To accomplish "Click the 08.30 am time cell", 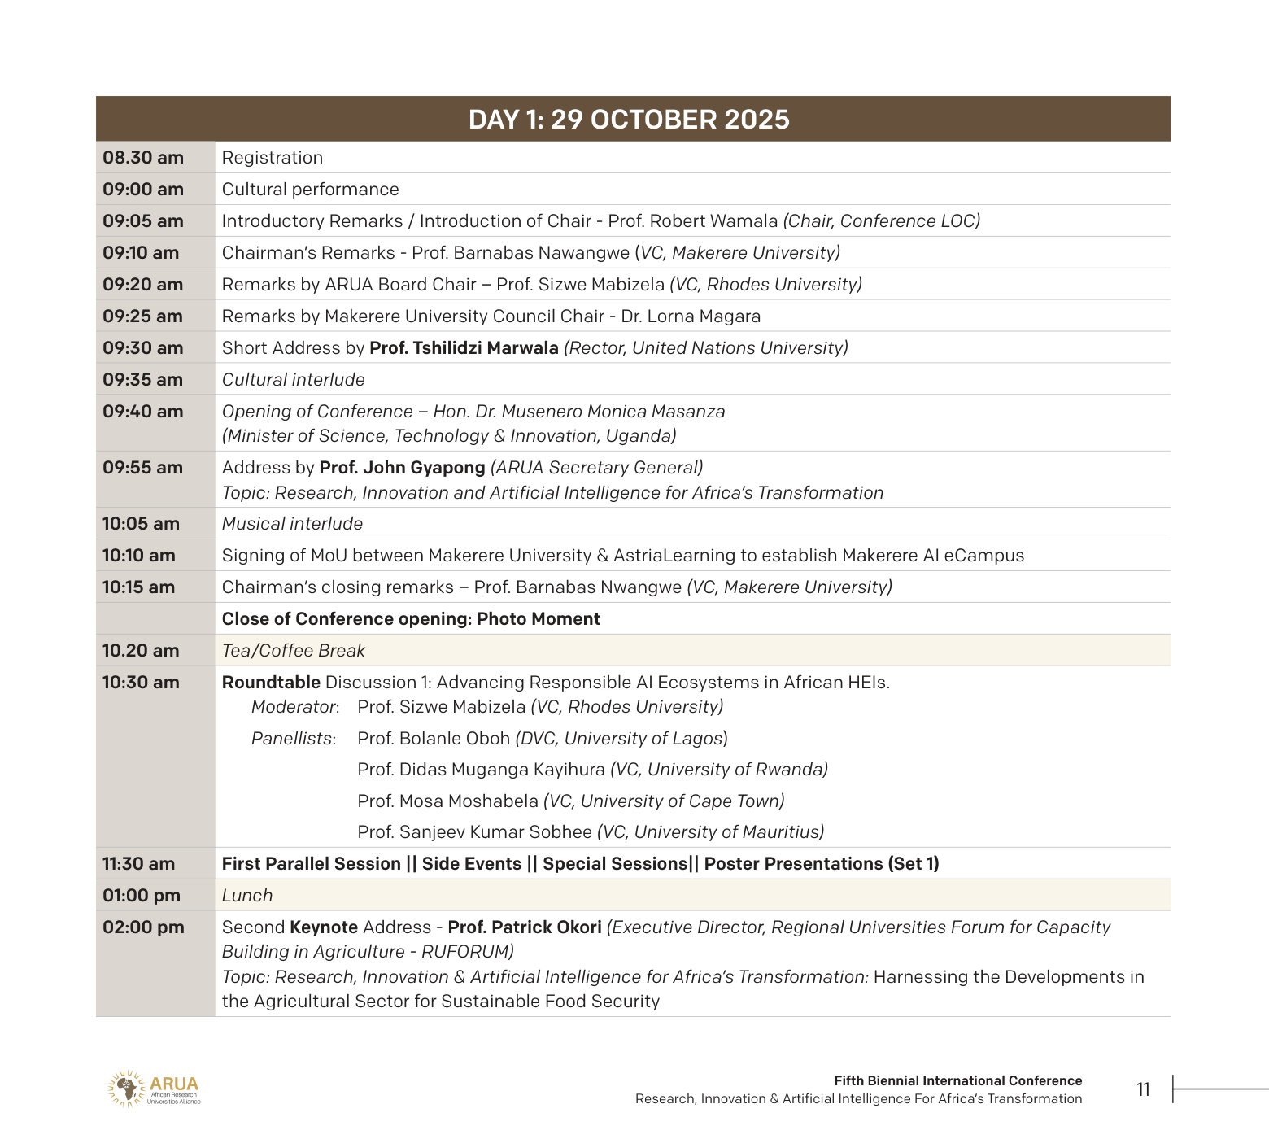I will tap(143, 158).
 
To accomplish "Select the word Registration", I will tap(273, 158).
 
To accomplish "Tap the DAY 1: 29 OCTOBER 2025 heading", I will tap(629, 120).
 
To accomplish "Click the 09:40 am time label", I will tap(143, 412).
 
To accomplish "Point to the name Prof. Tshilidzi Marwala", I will tap(464, 348).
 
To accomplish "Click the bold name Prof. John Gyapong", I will tap(402, 468).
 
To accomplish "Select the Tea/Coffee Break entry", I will tap(294, 651).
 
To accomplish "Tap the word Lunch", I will tap(247, 896).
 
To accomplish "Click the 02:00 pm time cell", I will tap(143, 927).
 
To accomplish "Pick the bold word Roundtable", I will tap(271, 683).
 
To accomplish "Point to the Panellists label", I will tap(293, 739).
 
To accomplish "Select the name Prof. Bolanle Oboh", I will tap(434, 739).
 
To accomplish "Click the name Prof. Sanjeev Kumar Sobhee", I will tap(474, 832).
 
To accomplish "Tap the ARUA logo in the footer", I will tap(154, 1089).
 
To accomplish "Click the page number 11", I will tap(1143, 1090).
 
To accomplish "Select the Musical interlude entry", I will tap(292, 524).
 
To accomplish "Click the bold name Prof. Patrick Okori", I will tap(525, 927).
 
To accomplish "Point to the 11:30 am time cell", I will tap(138, 864).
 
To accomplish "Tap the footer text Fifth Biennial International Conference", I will tap(957, 1081).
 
